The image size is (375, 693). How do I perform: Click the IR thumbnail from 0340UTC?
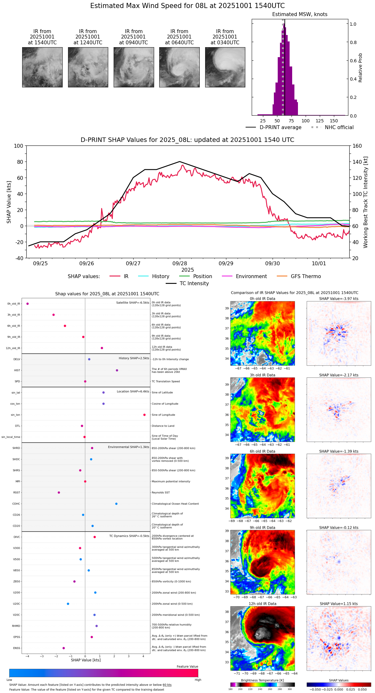(225, 67)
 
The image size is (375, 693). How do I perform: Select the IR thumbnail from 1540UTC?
(42, 67)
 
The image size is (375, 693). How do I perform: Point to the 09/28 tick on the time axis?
(179, 263)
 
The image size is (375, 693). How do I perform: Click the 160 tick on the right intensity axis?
(357, 146)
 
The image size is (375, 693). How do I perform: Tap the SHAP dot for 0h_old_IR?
(28, 303)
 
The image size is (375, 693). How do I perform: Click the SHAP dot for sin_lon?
(144, 415)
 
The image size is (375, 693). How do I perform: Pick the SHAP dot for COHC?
(116, 504)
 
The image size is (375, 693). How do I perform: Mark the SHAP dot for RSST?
(59, 493)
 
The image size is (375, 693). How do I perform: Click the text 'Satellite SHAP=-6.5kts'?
(133, 303)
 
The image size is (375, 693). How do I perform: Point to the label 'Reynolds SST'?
(161, 493)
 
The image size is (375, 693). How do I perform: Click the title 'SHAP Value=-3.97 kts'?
(339, 299)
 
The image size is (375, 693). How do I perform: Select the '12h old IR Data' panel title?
(262, 604)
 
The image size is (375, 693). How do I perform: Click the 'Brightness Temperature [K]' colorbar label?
(262, 680)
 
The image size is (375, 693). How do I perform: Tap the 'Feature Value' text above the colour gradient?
(187, 667)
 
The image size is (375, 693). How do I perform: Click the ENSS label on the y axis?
(16, 648)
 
